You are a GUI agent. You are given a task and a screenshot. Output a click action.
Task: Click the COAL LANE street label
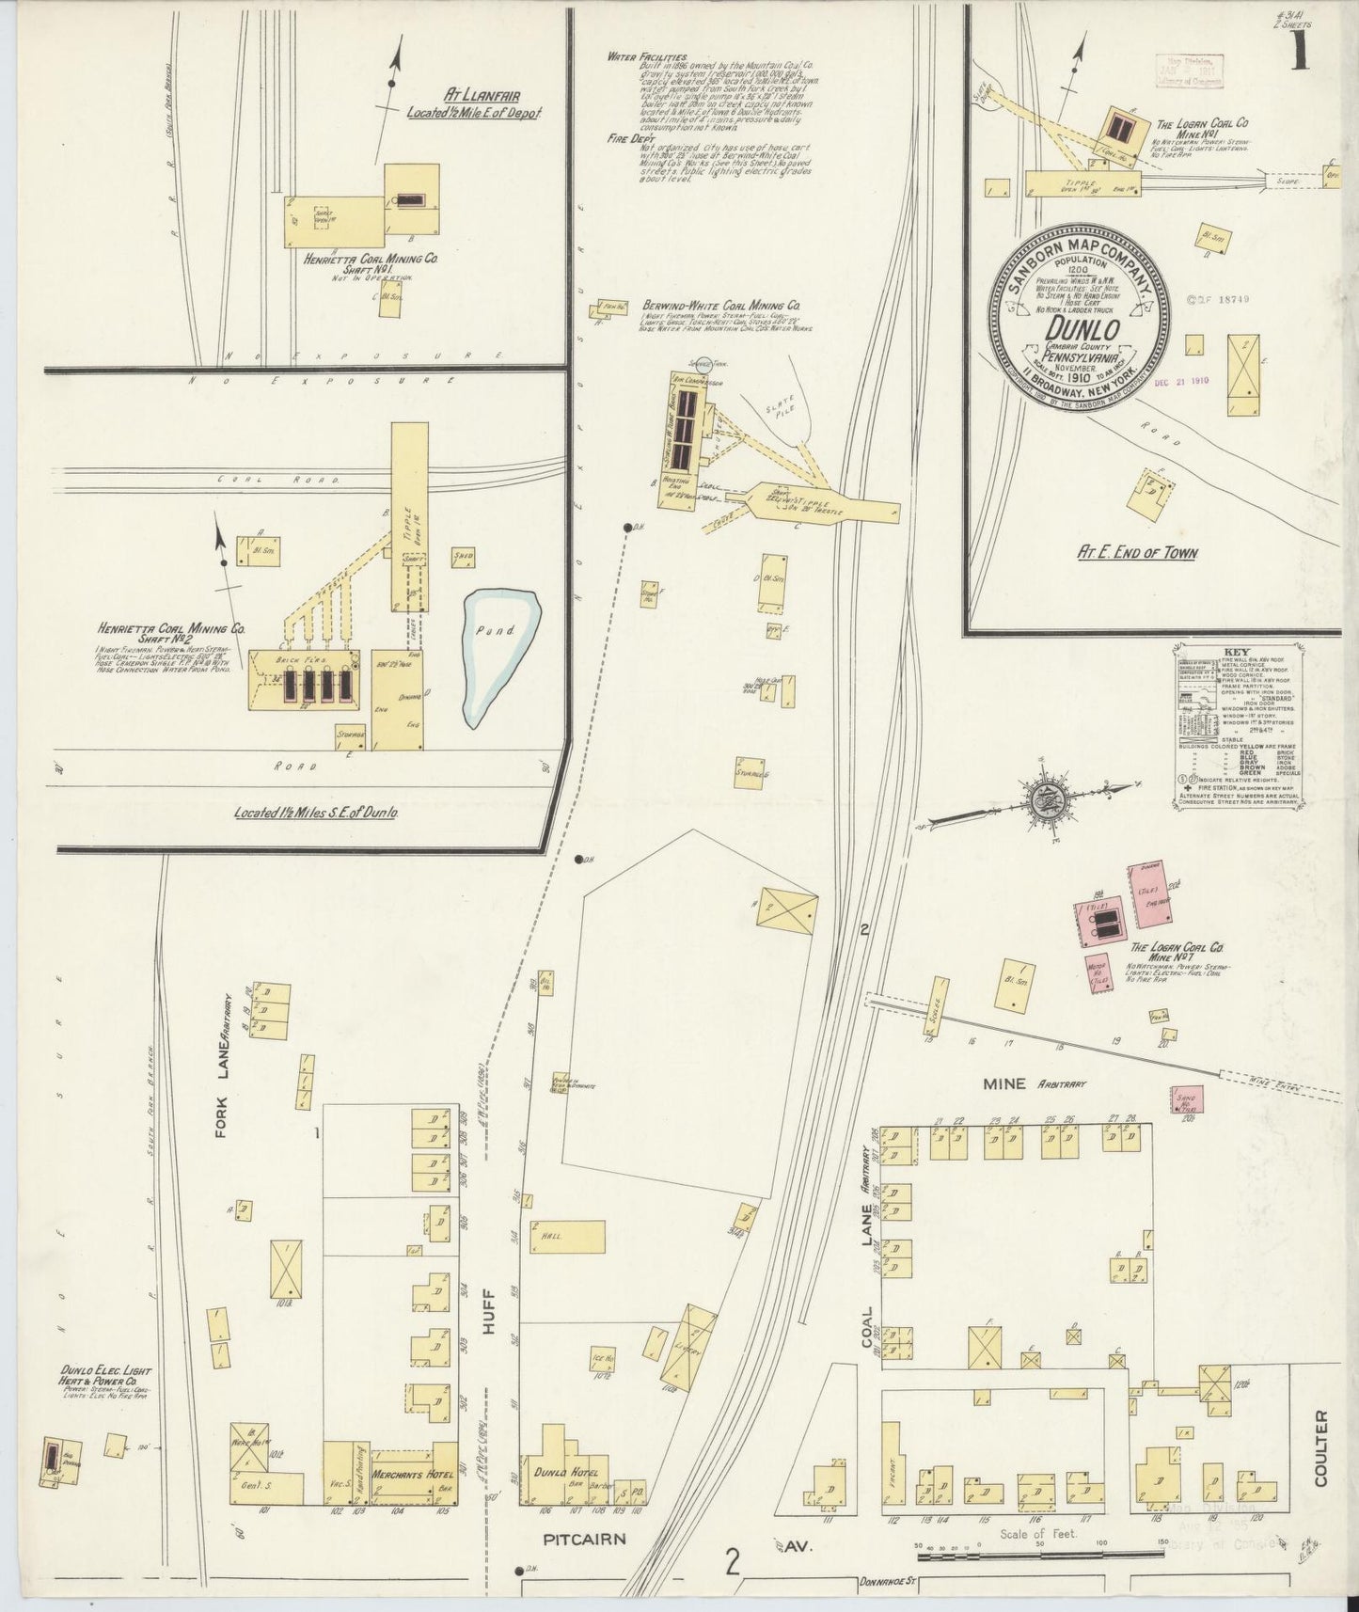click(x=866, y=1260)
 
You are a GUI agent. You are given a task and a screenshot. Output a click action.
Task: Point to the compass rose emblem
click(x=1044, y=801)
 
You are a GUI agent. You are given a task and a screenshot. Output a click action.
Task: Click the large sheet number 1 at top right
click(x=1301, y=52)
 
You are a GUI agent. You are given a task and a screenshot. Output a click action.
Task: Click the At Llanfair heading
click(x=482, y=96)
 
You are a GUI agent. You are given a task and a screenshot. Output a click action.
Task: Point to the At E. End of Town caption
click(x=1137, y=553)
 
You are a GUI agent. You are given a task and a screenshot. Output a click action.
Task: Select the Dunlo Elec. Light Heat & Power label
click(x=103, y=1378)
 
